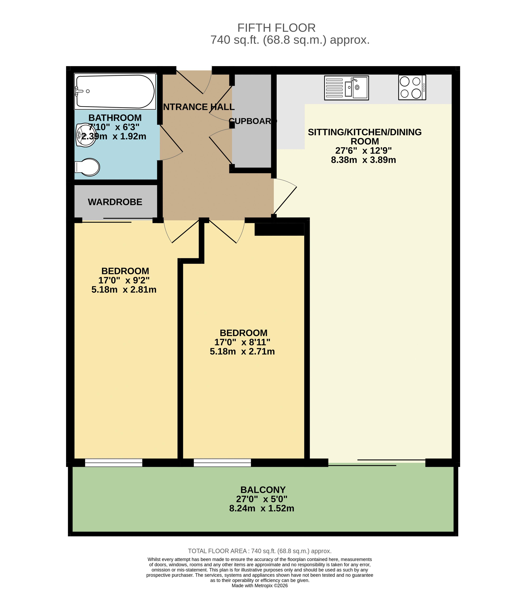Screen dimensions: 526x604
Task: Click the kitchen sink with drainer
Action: [346, 88]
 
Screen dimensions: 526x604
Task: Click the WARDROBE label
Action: [115, 202]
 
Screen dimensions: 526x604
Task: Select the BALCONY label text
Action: [263, 490]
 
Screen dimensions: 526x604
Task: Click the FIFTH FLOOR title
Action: [277, 28]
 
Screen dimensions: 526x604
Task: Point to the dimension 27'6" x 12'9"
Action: [364, 151]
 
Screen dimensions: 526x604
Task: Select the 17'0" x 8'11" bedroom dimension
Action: [242, 342]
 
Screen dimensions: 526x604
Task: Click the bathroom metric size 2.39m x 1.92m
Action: [114, 136]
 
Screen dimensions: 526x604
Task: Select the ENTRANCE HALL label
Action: [199, 107]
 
